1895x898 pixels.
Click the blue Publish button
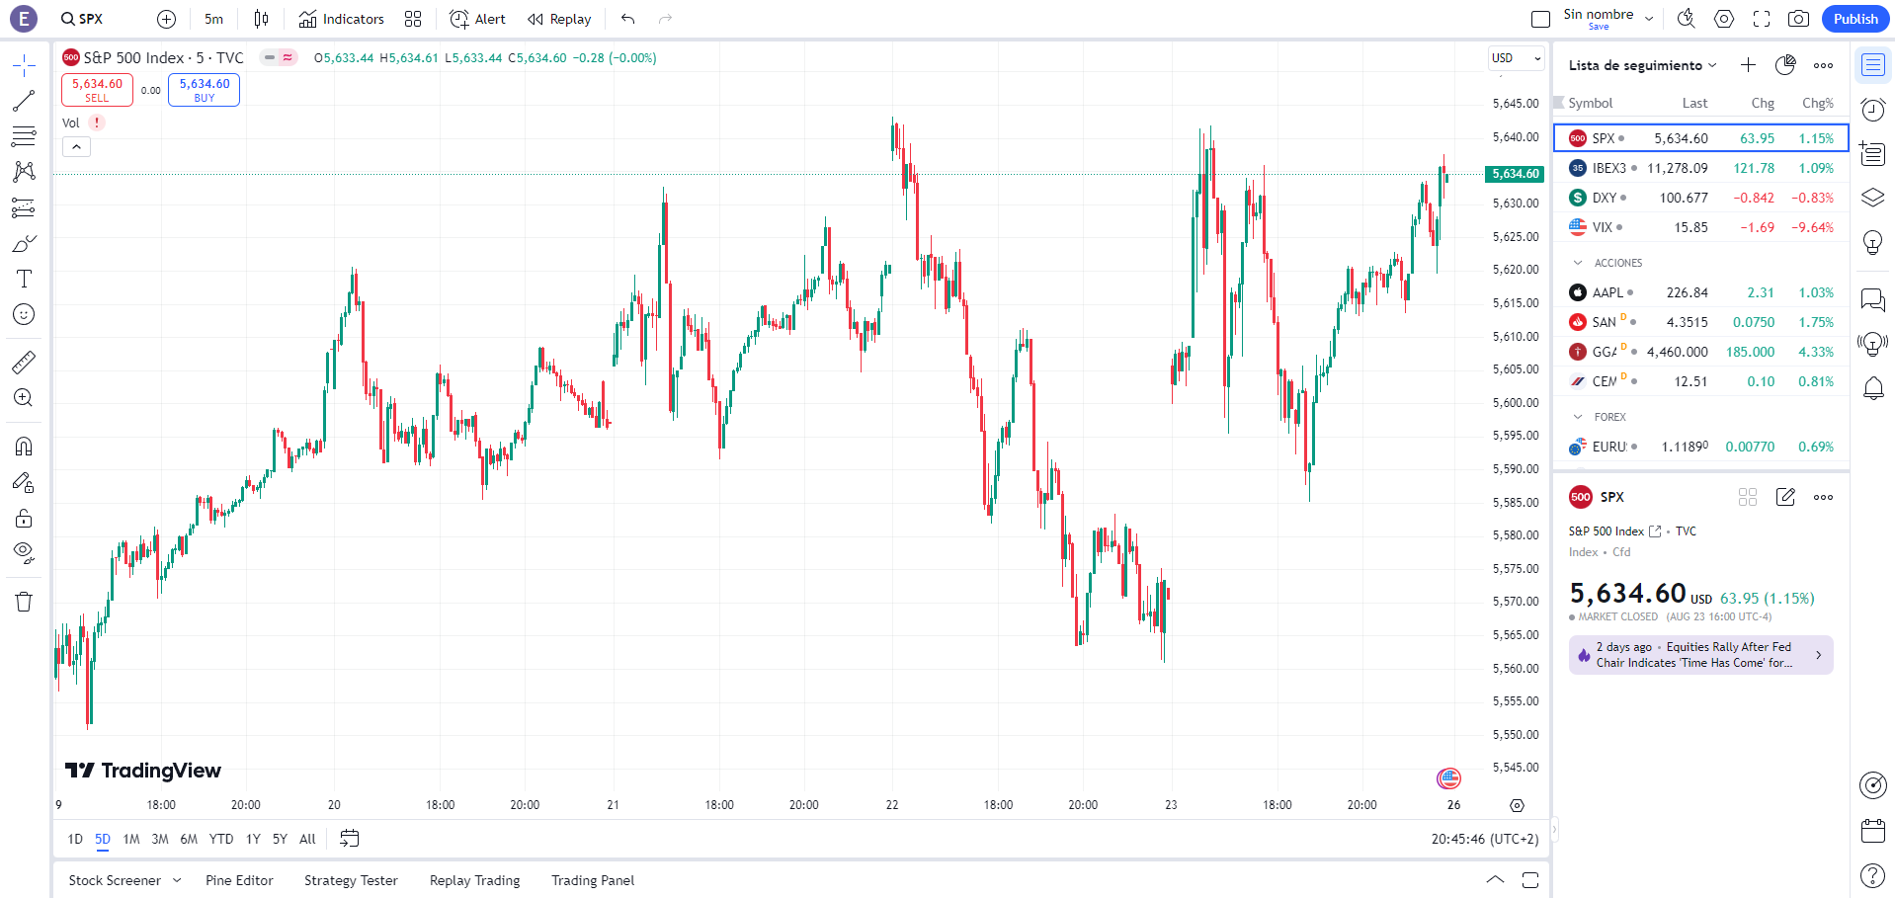pyautogui.click(x=1854, y=19)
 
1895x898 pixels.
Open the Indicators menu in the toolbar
pyautogui.click(x=342, y=19)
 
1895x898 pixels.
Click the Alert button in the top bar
pyautogui.click(x=477, y=19)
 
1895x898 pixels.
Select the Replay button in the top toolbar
pyautogui.click(x=559, y=19)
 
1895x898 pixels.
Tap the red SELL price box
pyautogui.click(x=97, y=90)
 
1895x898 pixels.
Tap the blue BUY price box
pyautogui.click(x=204, y=90)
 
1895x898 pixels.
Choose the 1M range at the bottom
pyautogui.click(x=131, y=839)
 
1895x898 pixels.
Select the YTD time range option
pyautogui.click(x=221, y=839)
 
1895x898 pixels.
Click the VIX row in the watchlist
pyautogui.click(x=1699, y=227)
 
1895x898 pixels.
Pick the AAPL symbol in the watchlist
pyautogui.click(x=1607, y=292)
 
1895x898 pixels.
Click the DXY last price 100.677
pyautogui.click(x=1684, y=198)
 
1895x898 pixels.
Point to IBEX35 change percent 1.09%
pyautogui.click(x=1815, y=168)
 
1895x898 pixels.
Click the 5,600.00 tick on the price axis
pyautogui.click(x=1516, y=402)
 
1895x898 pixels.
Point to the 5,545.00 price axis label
pyautogui.click(x=1516, y=768)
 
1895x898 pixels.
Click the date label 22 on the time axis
pyautogui.click(x=892, y=805)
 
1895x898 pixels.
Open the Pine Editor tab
pyautogui.click(x=239, y=880)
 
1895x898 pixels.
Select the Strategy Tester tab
pyautogui.click(x=351, y=880)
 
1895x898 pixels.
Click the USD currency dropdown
pyautogui.click(x=1516, y=58)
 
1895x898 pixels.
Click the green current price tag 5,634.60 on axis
pyautogui.click(x=1515, y=174)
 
